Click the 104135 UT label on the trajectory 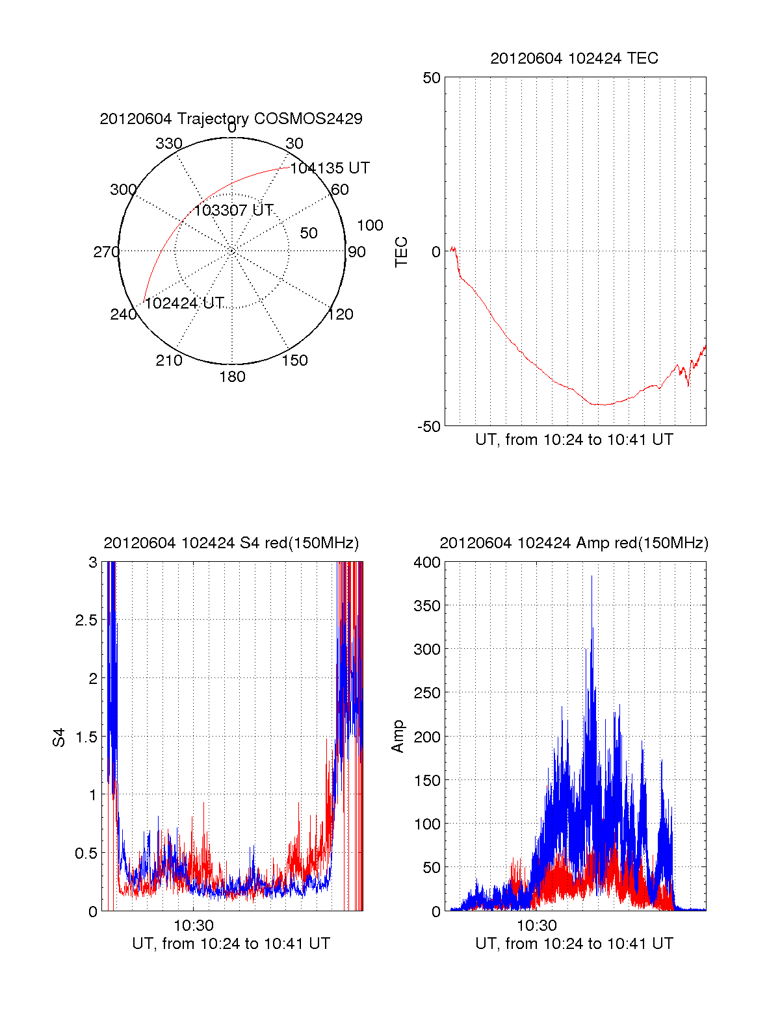coord(330,168)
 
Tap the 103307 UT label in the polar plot coord(233,210)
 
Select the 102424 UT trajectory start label coord(184,303)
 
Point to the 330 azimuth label coord(168,144)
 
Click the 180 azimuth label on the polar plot coord(232,377)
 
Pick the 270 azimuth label coord(106,252)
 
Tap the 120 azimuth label coord(341,314)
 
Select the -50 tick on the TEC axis coord(428,427)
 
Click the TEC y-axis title coord(402,252)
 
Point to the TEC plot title coord(574,58)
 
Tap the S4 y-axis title coord(59,737)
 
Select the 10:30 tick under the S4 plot coord(193,926)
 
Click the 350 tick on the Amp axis coord(427,606)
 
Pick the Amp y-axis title coord(398,737)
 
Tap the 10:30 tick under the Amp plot coord(536,926)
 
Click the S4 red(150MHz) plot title coord(231,543)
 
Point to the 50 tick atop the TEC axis coord(432,78)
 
